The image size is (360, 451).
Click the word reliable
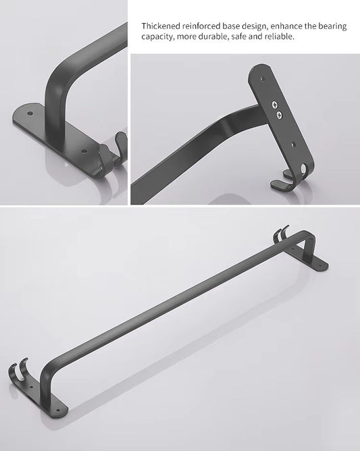click(x=279, y=36)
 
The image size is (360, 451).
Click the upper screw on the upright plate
click(x=276, y=105)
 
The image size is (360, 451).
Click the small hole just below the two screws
click(x=292, y=144)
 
